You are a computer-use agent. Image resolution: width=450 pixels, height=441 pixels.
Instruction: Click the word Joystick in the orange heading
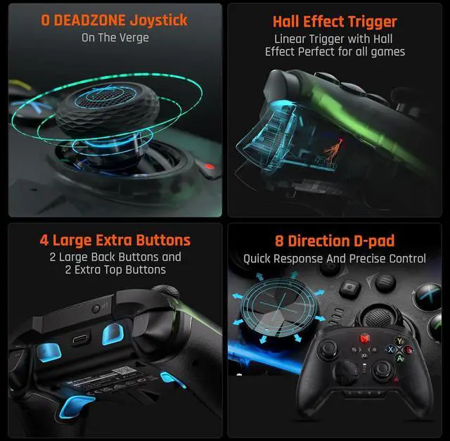point(153,20)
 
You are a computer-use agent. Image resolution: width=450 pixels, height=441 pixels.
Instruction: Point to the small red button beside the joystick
point(207,168)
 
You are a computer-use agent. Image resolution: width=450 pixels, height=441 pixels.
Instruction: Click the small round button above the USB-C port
point(96,308)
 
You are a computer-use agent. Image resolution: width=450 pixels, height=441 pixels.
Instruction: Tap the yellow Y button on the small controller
point(400,340)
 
